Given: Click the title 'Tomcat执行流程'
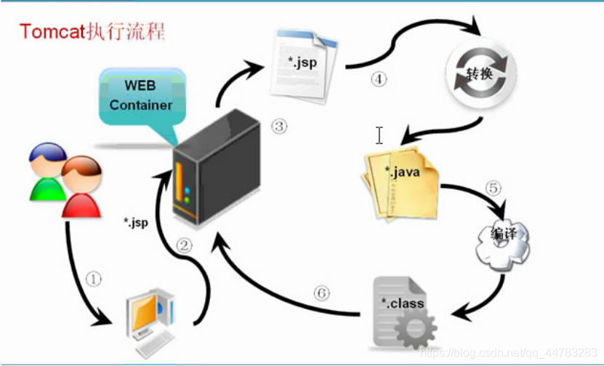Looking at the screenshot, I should click(x=92, y=32).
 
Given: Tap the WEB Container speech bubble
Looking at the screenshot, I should click(x=140, y=97).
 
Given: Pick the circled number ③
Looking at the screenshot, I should click(x=279, y=127).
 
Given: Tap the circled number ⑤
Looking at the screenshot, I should click(x=494, y=188).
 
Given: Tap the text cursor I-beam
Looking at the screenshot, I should click(x=379, y=135).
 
